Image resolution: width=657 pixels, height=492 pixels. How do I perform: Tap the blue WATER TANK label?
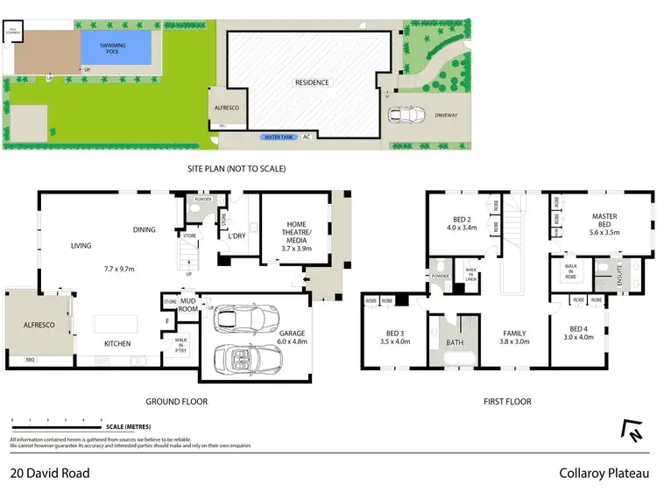click(x=279, y=137)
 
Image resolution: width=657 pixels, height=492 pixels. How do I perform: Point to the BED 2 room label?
click(x=463, y=223)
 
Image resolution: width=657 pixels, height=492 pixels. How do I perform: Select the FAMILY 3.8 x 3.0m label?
click(x=515, y=338)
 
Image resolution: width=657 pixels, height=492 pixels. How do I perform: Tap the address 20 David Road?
click(x=50, y=474)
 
